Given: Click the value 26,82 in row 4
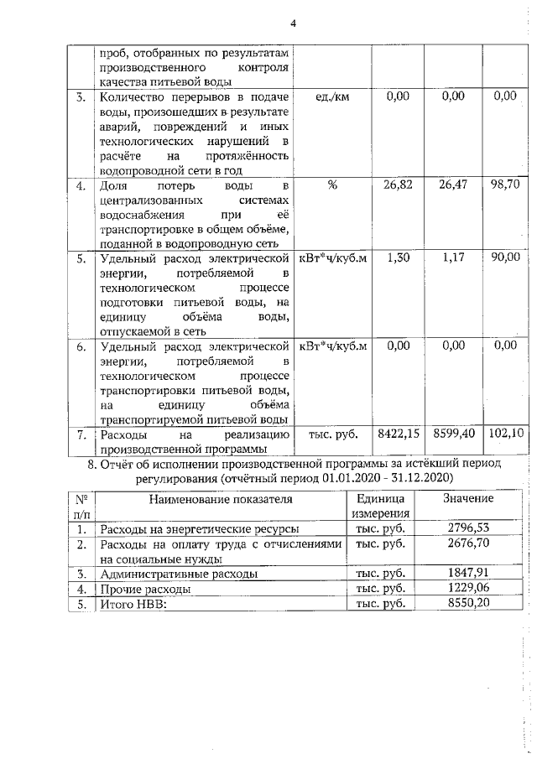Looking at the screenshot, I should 398,185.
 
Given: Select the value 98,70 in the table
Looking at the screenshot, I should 506,185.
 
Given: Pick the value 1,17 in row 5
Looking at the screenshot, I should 452,259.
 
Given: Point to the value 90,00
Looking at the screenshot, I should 506,259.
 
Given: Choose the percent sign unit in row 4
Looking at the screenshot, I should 333,185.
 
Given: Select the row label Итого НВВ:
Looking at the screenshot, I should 134,604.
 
